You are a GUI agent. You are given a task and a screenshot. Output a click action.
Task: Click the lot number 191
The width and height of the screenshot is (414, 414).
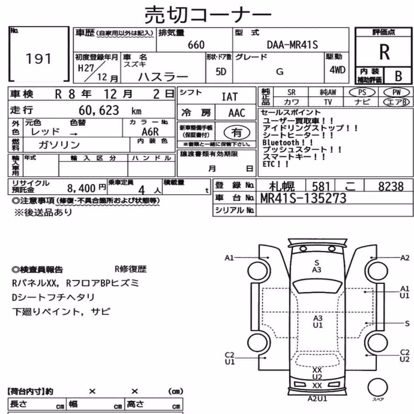[39, 59]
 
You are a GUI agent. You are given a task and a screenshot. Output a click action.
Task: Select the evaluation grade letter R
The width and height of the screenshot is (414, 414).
[385, 52]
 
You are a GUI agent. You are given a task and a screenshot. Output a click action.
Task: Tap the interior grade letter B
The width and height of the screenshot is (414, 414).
[398, 76]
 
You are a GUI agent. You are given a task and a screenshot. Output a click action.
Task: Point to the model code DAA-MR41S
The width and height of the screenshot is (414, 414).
[292, 45]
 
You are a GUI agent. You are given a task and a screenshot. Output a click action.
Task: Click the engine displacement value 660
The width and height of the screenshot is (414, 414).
[196, 45]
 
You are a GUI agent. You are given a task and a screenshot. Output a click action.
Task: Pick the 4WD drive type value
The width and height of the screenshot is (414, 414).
[337, 70]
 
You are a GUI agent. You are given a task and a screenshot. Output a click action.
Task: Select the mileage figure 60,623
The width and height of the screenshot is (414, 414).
[99, 111]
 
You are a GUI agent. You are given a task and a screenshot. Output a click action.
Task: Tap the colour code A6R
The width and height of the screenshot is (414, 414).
[150, 132]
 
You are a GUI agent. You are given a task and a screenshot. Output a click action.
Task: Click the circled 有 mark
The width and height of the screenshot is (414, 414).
[236, 132]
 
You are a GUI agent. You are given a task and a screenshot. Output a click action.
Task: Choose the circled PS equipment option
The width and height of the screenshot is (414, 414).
[362, 92]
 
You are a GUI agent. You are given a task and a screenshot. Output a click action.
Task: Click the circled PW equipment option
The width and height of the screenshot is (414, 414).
[396, 92]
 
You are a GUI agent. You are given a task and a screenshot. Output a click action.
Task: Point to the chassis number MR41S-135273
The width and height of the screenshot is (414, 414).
[303, 198]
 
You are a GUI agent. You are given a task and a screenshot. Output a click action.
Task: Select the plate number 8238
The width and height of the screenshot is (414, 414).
[391, 186]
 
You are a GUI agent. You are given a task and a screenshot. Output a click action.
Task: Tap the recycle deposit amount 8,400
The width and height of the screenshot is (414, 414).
[81, 188]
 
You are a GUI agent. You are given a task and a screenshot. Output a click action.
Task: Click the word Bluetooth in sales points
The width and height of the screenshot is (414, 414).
[280, 142]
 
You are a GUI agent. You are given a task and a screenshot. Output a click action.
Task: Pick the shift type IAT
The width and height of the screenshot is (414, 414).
[229, 97]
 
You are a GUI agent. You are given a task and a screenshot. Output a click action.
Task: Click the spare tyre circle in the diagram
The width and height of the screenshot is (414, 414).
[378, 388]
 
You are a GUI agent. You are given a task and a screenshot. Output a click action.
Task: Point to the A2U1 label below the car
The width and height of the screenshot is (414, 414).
[317, 399]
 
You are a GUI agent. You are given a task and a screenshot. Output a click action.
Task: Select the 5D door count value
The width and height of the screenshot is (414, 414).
[221, 72]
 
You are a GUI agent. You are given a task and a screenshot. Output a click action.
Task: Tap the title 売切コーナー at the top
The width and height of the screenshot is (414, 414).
[208, 14]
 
